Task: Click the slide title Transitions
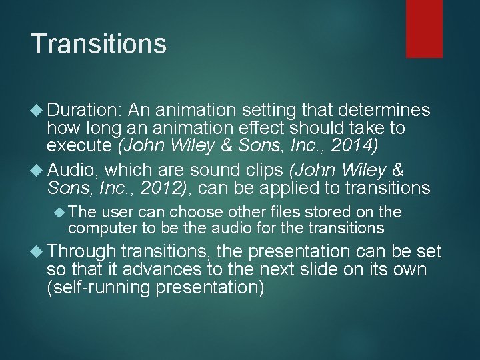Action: coord(98,45)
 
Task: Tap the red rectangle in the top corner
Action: coord(425,29)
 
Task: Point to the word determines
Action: coord(387,111)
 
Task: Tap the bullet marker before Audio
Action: coord(37,170)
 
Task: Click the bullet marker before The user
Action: coord(59,212)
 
